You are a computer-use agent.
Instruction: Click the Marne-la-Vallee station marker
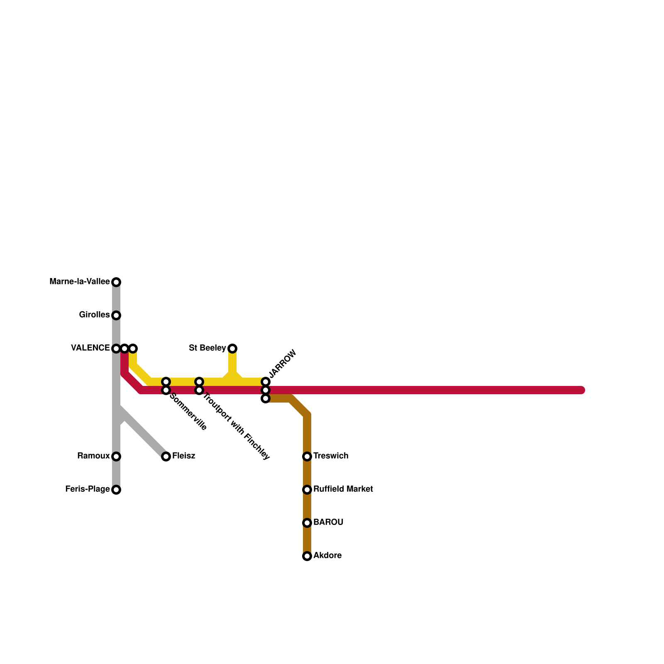(117, 282)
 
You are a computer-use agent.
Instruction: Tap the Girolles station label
(94, 315)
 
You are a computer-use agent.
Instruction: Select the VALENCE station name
(90, 348)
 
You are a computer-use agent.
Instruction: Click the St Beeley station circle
(233, 348)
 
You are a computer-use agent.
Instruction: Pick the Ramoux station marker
(117, 456)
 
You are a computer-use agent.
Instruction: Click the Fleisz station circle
(166, 456)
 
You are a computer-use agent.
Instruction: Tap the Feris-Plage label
(87, 489)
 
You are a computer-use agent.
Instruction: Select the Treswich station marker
(307, 456)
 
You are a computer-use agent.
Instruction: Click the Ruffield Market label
(343, 489)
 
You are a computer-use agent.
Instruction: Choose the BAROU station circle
(307, 523)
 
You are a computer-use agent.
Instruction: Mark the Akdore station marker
(307, 556)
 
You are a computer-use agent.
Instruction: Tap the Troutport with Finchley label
(236, 426)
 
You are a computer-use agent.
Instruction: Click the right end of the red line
(582, 390)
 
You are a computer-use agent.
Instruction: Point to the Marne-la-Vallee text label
(79, 282)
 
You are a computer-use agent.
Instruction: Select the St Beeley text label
(207, 348)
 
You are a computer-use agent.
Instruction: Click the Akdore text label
(327, 555)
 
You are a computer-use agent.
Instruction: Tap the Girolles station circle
(117, 315)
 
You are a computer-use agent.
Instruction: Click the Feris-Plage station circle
(117, 490)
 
